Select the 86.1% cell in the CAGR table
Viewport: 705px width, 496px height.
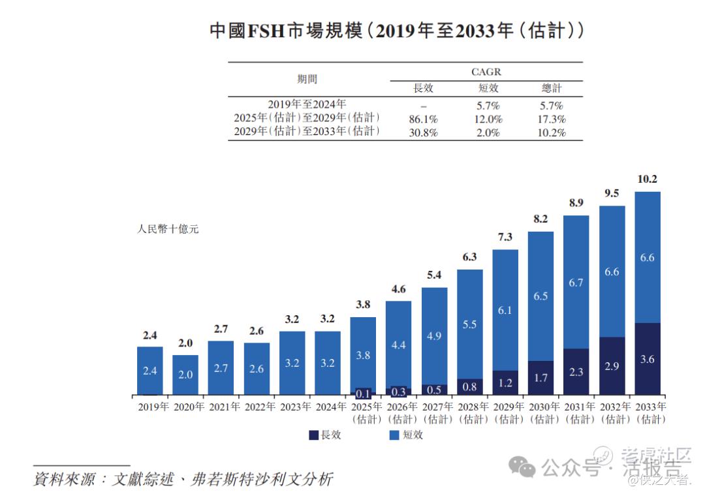pyautogui.click(x=423, y=119)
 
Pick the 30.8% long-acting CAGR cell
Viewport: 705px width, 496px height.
pyautogui.click(x=423, y=132)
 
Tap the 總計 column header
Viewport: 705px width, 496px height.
pyautogui.click(x=552, y=88)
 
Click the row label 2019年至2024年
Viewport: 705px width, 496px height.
pyautogui.click(x=307, y=104)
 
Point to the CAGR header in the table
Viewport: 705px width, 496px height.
pyautogui.click(x=486, y=72)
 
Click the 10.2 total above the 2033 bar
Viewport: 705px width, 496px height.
pyautogui.click(x=647, y=179)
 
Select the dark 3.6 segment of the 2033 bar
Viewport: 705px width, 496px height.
pyautogui.click(x=647, y=359)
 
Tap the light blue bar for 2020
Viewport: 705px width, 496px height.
pyautogui.click(x=185, y=374)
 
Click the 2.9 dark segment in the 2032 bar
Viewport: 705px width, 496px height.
pyautogui.click(x=612, y=366)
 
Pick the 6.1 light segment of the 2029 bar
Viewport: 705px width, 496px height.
pyautogui.click(x=505, y=310)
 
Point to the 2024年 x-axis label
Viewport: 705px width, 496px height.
pyautogui.click(x=328, y=407)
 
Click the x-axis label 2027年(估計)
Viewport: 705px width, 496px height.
pyautogui.click(x=434, y=412)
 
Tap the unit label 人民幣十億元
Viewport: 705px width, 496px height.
pyautogui.click(x=168, y=230)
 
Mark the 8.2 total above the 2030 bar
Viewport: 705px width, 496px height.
pyautogui.click(x=540, y=219)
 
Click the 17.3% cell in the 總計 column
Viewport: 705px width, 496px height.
pyautogui.click(x=552, y=119)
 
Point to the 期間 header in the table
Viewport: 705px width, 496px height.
pyautogui.click(x=307, y=80)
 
